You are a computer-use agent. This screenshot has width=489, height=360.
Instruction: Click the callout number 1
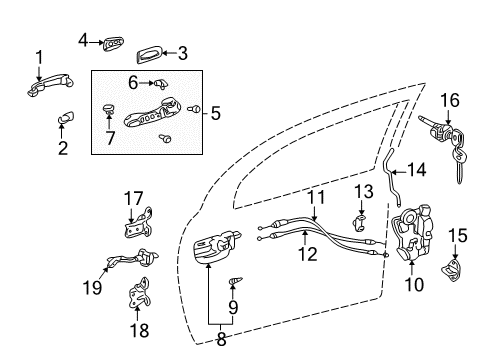tap(39, 56)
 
